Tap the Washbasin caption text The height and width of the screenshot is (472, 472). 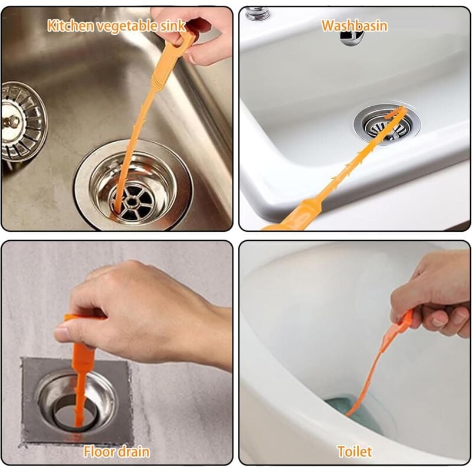pyautogui.click(x=354, y=25)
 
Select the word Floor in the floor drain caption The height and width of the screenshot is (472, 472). pyautogui.click(x=98, y=453)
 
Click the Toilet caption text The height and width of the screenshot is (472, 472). pyautogui.click(x=355, y=453)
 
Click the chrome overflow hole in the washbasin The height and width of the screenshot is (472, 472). pyautogui.click(x=352, y=37)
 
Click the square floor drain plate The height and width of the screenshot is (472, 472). pyautogui.click(x=77, y=401)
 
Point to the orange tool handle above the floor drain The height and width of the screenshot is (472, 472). pyautogui.click(x=83, y=348)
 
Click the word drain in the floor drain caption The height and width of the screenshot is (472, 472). pyautogui.click(x=132, y=453)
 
